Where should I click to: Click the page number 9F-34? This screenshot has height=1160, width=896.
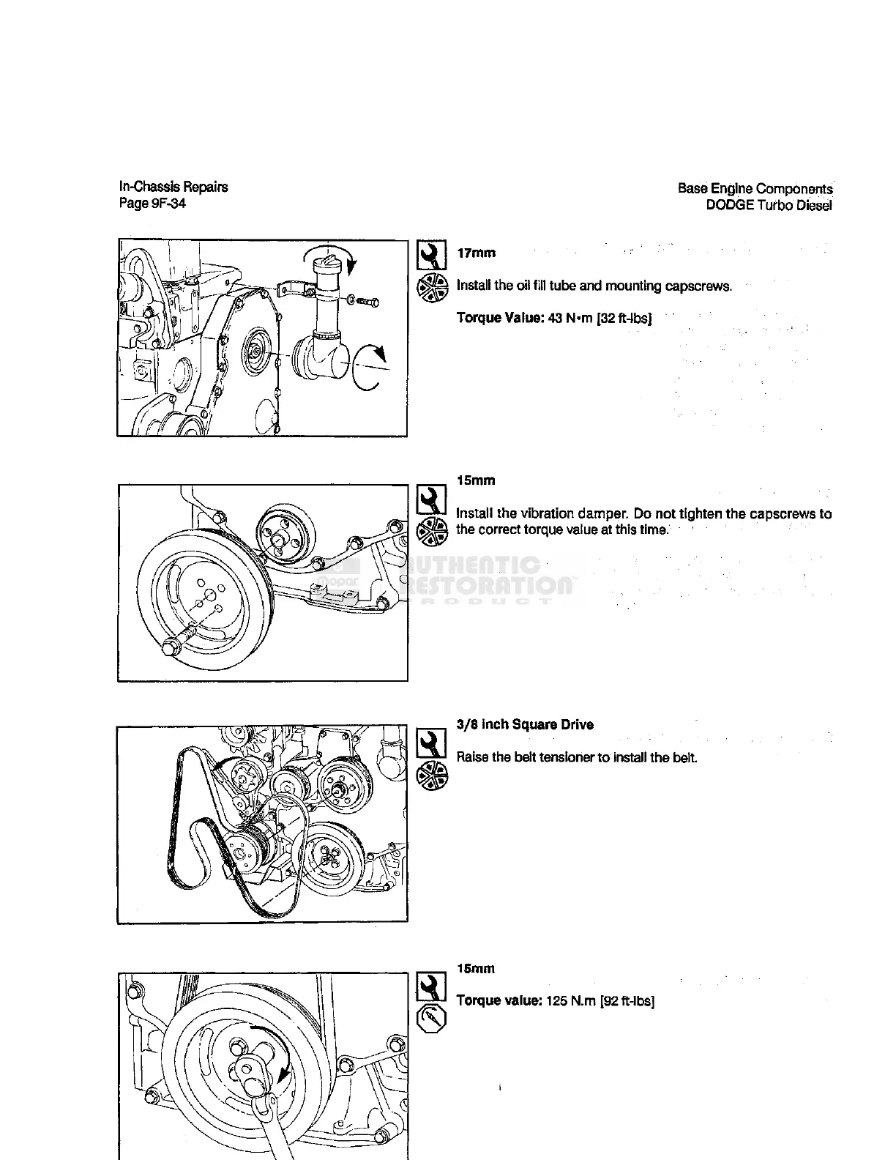[168, 204]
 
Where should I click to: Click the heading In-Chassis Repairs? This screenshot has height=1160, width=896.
[173, 187]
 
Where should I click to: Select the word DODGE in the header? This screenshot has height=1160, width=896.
[730, 205]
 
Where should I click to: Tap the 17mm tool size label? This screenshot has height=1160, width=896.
[476, 253]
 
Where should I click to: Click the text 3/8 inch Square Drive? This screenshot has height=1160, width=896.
[525, 725]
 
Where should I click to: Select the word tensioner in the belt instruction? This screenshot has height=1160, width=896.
[564, 757]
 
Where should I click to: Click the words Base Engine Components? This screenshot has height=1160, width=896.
[755, 189]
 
